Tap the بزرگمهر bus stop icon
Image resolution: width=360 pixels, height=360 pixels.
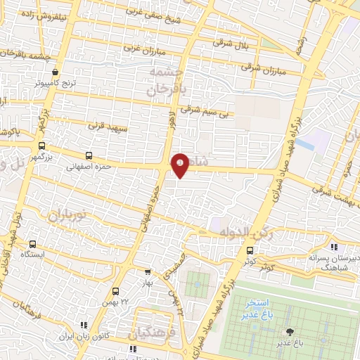coord(41,146)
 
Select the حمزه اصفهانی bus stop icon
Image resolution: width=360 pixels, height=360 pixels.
coord(88,156)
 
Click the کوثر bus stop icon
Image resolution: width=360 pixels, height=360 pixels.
coord(250,251)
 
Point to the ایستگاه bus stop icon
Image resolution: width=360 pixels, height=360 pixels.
coord(31,243)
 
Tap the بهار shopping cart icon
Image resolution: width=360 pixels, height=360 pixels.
coord(148,272)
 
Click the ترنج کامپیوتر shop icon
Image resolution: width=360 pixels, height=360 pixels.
coord(56,72)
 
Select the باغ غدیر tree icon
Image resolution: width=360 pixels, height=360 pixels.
coord(288,331)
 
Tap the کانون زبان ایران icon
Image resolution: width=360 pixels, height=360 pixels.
coord(84,325)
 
